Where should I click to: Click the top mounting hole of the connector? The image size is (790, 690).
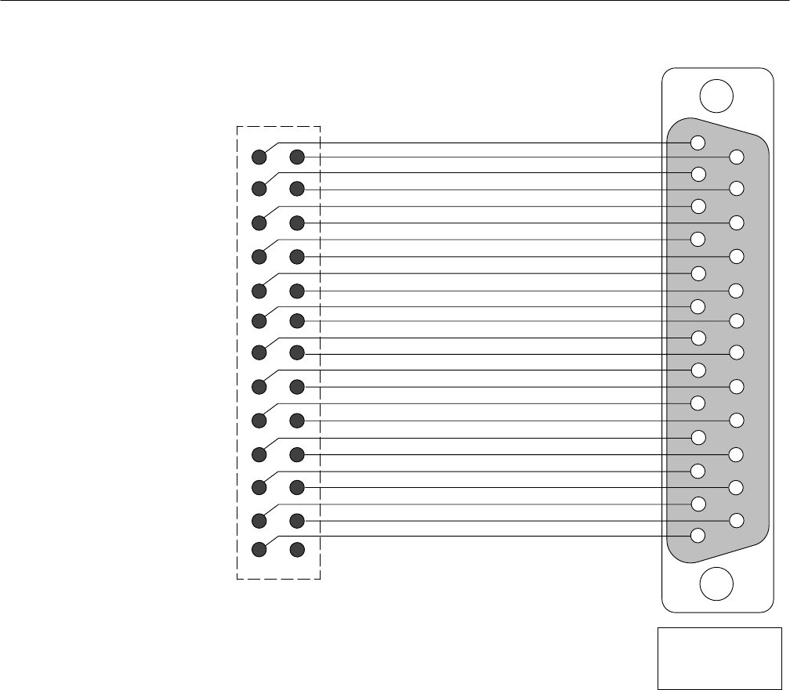point(716,96)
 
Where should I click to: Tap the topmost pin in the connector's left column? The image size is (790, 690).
point(698,143)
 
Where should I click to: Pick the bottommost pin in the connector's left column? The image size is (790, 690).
point(698,536)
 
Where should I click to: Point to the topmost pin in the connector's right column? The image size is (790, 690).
point(736,157)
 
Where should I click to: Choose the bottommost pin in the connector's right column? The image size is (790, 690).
point(736,519)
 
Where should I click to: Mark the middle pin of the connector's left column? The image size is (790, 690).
point(698,338)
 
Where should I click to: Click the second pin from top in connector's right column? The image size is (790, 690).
point(736,188)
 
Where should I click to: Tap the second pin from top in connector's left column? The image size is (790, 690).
point(698,173)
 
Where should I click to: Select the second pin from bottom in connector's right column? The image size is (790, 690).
point(736,487)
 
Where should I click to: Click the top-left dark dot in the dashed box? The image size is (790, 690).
point(258,157)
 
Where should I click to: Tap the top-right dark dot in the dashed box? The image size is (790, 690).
point(296,157)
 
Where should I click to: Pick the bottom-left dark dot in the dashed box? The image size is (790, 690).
point(258,549)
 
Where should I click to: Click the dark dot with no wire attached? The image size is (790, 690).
point(296,549)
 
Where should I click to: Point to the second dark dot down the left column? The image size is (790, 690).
point(258,189)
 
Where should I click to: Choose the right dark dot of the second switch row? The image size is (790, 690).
point(296,189)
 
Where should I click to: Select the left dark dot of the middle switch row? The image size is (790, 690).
point(258,353)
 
